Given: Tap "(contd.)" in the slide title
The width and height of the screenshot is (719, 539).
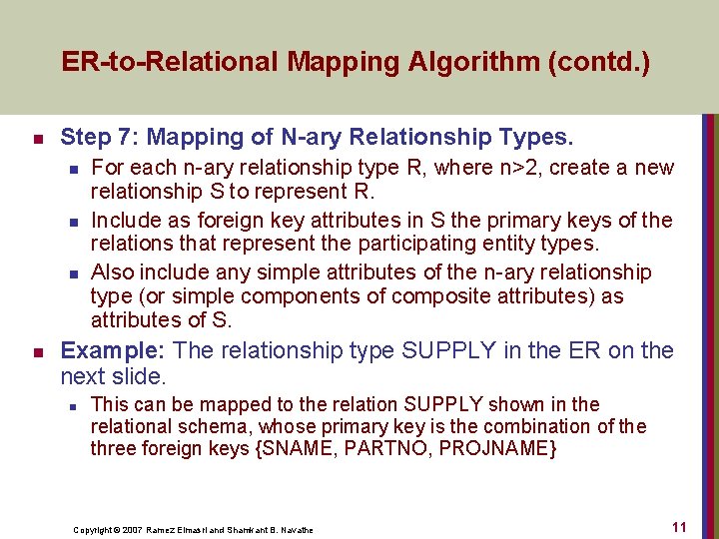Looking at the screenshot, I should click(x=608, y=62).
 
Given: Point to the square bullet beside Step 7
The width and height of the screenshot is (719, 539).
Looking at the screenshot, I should click(x=36, y=138).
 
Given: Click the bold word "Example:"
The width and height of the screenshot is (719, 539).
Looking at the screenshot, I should click(x=114, y=350).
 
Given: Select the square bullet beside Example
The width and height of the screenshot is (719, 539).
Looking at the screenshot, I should click(x=36, y=351).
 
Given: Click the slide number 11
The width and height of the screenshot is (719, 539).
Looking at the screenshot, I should click(x=678, y=526).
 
